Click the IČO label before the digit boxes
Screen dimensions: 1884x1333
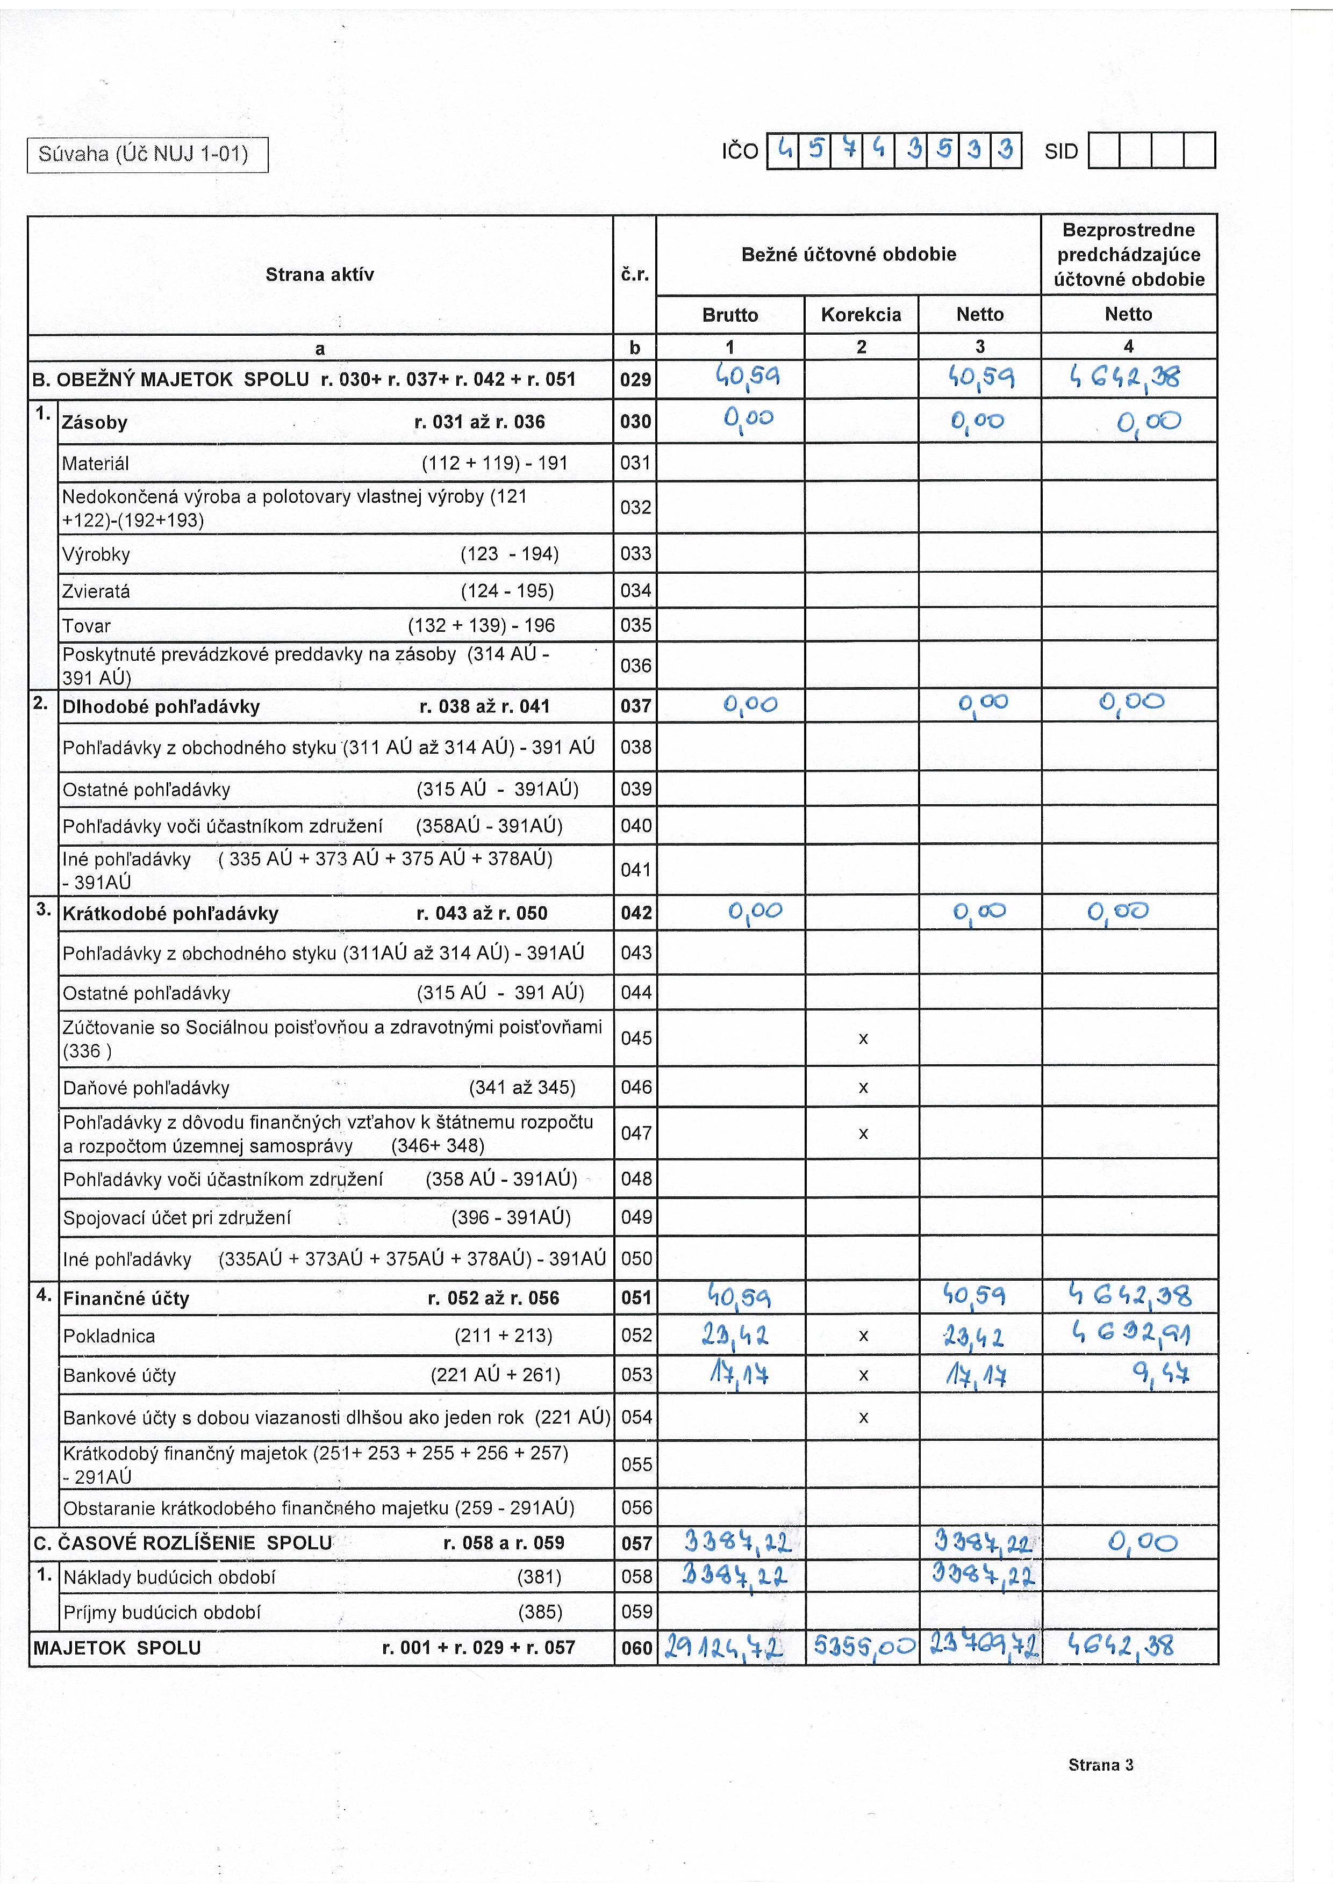(x=740, y=152)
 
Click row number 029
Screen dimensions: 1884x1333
(x=635, y=380)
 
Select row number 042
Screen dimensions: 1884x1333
(x=636, y=913)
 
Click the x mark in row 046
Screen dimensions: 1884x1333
(x=863, y=1088)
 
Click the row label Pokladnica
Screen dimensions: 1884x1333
(x=109, y=1336)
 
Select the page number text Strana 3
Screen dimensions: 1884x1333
(x=1100, y=1765)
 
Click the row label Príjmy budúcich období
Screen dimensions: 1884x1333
(x=162, y=1612)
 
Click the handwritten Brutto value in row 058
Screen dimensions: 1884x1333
(x=735, y=1576)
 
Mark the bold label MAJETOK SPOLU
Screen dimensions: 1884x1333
(x=117, y=1648)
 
